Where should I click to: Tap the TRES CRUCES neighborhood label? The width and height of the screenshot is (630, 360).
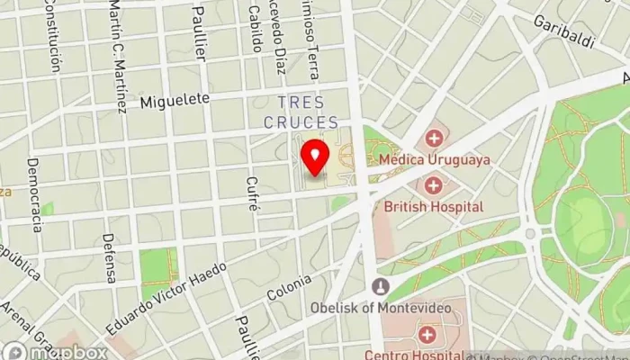point(301,112)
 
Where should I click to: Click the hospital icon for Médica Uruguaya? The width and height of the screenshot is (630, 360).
point(435,138)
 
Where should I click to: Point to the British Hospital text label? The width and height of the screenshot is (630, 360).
point(434,206)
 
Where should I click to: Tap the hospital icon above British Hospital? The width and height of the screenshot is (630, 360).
point(434,184)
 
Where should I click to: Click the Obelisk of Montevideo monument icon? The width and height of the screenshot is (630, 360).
point(381,287)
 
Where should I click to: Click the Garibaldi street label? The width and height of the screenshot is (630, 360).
point(564,29)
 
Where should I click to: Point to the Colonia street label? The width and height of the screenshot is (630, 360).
point(289,287)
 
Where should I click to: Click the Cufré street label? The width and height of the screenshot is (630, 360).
point(252,193)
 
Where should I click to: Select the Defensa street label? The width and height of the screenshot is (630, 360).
point(109,258)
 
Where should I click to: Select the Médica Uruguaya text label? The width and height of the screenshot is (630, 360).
point(435,159)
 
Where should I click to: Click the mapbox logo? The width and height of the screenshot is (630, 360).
point(54,351)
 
